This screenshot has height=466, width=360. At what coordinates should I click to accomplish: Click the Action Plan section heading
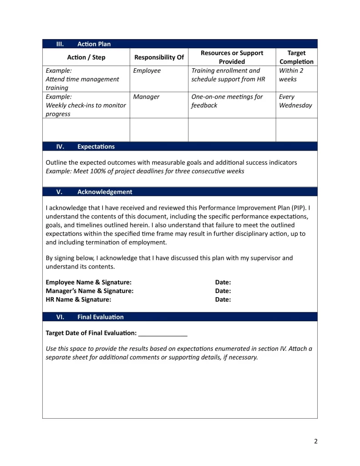click(94, 44)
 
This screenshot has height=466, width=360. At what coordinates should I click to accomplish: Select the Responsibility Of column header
click(159, 57)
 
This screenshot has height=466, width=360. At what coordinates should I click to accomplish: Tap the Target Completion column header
click(296, 57)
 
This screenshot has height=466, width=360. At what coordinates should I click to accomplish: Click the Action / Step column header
click(86, 57)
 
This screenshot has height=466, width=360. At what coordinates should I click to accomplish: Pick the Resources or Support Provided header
click(232, 57)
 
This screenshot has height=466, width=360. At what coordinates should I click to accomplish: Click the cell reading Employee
click(147, 71)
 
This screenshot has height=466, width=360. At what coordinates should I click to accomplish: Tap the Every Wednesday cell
click(295, 101)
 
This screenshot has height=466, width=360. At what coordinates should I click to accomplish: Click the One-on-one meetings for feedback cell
click(227, 101)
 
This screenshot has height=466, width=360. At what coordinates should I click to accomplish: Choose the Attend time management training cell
click(82, 79)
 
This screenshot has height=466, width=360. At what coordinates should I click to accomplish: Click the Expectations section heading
click(96, 147)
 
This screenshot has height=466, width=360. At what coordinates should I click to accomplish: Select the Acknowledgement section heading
click(105, 192)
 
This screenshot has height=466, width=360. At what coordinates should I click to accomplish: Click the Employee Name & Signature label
click(89, 283)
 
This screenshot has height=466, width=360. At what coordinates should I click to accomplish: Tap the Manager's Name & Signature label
click(90, 291)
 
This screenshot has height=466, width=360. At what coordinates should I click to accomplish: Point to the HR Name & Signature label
click(78, 299)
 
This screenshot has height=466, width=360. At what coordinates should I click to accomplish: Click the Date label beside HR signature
click(223, 299)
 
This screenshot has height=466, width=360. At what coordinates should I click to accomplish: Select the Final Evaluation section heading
click(100, 317)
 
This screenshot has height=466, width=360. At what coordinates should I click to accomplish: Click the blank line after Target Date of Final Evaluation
click(163, 334)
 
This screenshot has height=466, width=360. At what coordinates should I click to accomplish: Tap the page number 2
click(315, 441)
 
